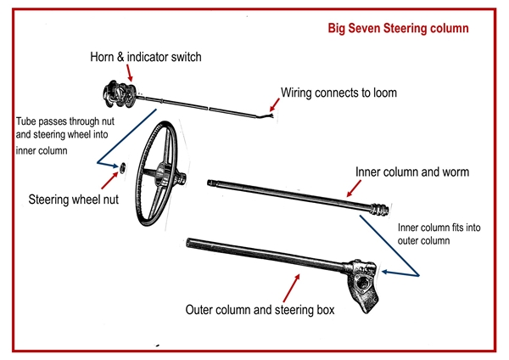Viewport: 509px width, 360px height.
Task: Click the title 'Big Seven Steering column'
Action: click(398, 28)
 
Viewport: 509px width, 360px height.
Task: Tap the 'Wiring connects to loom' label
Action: click(338, 92)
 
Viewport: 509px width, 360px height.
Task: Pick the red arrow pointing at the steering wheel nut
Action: click(109, 178)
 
